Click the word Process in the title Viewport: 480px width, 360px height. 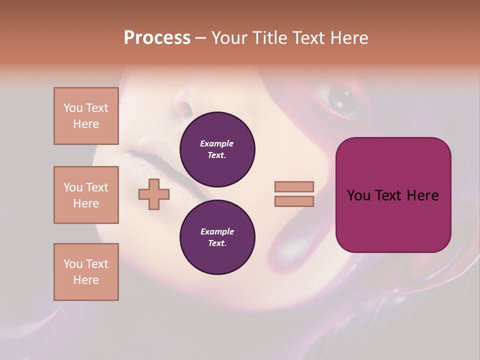(x=157, y=38)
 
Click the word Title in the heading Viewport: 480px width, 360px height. (x=268, y=38)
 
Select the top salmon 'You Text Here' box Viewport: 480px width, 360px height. (x=86, y=116)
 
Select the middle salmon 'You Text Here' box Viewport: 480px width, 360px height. (x=86, y=195)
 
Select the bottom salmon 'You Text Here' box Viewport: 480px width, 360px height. (x=86, y=272)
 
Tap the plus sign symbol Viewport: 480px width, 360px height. (x=154, y=194)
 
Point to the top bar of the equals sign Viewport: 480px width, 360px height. (x=294, y=186)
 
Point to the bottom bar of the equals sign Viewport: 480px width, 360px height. (x=294, y=201)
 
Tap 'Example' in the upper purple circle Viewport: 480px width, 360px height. (x=217, y=143)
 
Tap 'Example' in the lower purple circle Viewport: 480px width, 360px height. (x=217, y=231)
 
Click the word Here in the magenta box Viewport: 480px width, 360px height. (x=422, y=195)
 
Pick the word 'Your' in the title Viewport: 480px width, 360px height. (x=229, y=38)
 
